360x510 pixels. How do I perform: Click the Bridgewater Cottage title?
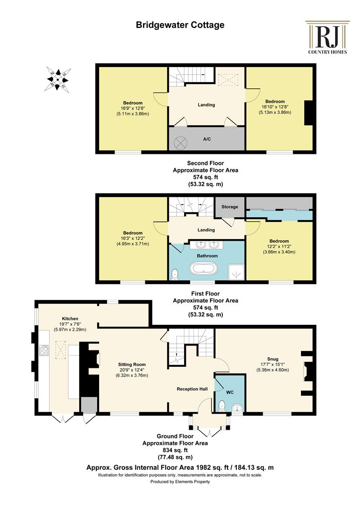180,25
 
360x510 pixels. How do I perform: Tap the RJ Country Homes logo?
327,37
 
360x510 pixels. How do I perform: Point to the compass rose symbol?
57,79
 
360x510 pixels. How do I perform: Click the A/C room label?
207,139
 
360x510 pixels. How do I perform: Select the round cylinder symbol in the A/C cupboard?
181,143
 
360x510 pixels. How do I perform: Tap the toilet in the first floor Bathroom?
175,274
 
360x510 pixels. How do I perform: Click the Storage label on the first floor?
230,206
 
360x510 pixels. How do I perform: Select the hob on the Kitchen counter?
44,350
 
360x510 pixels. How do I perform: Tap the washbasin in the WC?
237,408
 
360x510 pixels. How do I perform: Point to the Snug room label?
273,359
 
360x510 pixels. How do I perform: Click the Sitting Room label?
132,365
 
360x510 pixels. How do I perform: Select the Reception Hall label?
192,389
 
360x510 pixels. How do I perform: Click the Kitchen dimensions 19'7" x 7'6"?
70,324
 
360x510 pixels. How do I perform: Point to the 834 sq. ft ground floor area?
175,450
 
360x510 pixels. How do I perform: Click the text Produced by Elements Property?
180,482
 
